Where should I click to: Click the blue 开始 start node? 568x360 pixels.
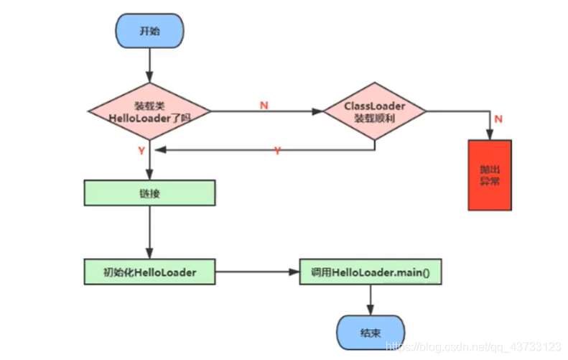click(x=149, y=32)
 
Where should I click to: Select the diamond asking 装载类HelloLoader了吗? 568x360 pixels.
click(x=149, y=111)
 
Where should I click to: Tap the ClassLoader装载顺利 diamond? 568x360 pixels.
click(x=375, y=111)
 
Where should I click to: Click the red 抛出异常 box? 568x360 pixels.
click(x=490, y=175)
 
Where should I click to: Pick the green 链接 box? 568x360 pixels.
click(x=149, y=193)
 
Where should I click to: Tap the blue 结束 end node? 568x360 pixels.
click(x=370, y=333)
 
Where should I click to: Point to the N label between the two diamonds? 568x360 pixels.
click(x=264, y=105)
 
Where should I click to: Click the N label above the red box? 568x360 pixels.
click(x=498, y=119)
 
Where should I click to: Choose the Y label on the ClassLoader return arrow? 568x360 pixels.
click(x=276, y=151)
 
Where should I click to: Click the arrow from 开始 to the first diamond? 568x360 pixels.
click(x=149, y=68)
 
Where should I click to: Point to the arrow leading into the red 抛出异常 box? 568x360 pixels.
click(x=490, y=126)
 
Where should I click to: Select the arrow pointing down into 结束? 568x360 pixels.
click(x=370, y=300)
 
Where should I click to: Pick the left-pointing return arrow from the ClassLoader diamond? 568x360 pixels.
click(x=266, y=150)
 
